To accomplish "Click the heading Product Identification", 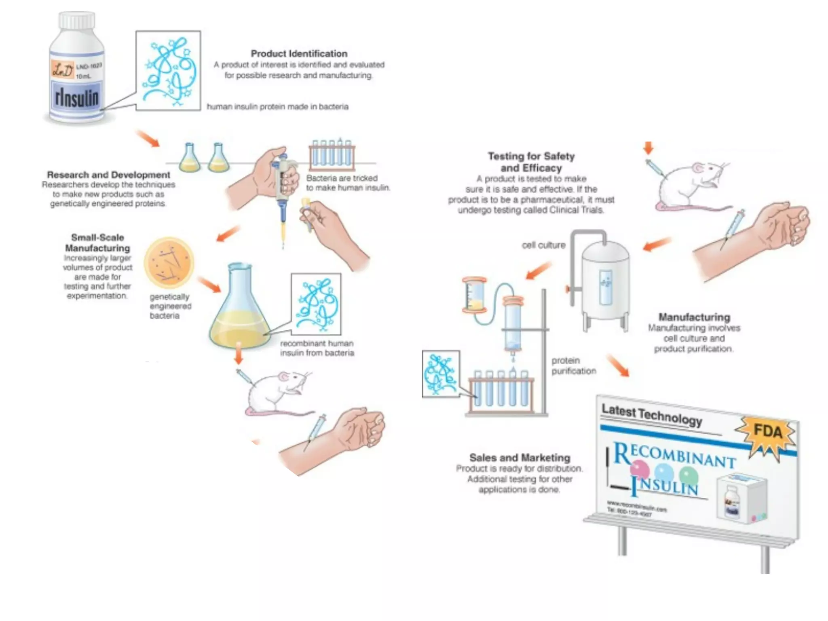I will pyautogui.click(x=299, y=54).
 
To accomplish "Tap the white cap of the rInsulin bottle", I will pyautogui.click(x=77, y=20).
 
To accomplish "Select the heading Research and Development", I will pyautogui.click(x=108, y=175).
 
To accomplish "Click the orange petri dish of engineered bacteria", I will pyautogui.click(x=169, y=262).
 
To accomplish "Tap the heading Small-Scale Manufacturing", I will pyautogui.click(x=97, y=243).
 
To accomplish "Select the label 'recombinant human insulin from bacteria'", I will pyautogui.click(x=317, y=348).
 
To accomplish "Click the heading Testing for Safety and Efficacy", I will pyautogui.click(x=531, y=162).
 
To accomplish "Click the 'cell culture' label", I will pyautogui.click(x=543, y=245).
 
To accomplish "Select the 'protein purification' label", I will pyautogui.click(x=573, y=365).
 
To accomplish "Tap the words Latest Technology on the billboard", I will pyautogui.click(x=652, y=415).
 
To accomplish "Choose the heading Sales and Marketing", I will pyautogui.click(x=520, y=458).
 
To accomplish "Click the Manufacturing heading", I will pyautogui.click(x=694, y=317).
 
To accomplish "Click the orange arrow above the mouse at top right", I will pyautogui.click(x=648, y=148).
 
